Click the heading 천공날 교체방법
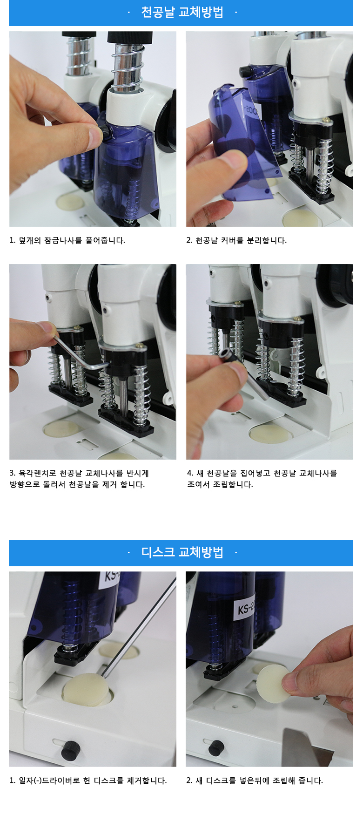point(182,12)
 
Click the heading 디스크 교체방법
point(182,552)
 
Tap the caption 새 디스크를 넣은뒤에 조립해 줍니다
point(259,780)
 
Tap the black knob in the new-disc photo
point(216,747)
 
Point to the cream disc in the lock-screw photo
point(70,201)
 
